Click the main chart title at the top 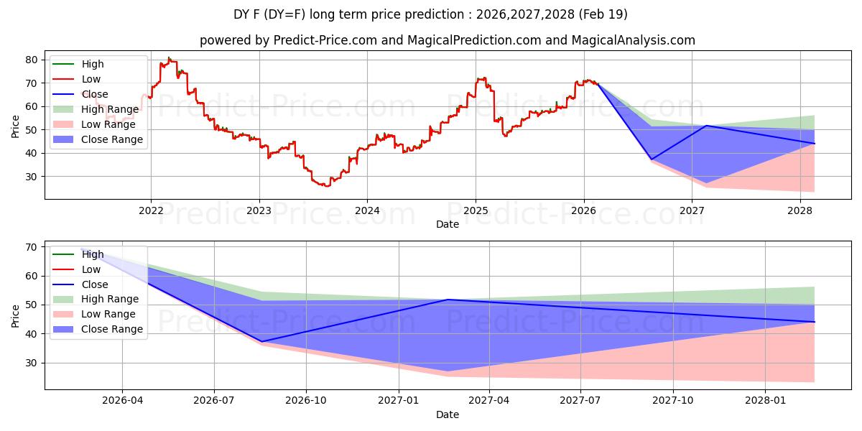click(x=430, y=14)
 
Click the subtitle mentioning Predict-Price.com click(x=447, y=40)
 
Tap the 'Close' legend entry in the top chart click(x=94, y=94)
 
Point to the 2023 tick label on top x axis click(x=259, y=210)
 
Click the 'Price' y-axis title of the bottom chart click(x=16, y=315)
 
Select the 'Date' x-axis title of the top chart click(x=447, y=224)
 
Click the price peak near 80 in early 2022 click(x=169, y=58)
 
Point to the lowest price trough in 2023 click(x=327, y=186)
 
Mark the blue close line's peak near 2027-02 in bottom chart click(x=448, y=300)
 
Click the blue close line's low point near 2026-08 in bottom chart click(x=262, y=341)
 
